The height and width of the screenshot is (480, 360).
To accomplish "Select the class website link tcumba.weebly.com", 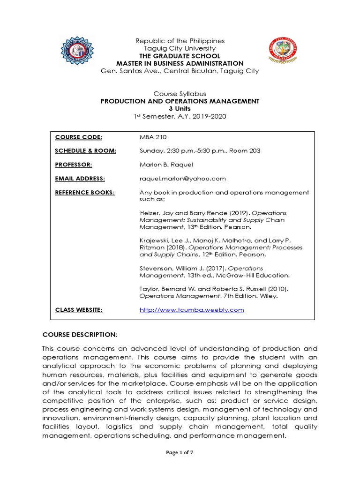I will tap(192, 310).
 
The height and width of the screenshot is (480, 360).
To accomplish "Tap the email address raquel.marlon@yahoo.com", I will tap(183, 178).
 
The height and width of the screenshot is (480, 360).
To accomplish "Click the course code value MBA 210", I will tap(153, 137).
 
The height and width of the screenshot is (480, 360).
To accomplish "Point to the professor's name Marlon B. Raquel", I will tap(165, 165).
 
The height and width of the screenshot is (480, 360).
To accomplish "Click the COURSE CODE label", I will tap(79, 137).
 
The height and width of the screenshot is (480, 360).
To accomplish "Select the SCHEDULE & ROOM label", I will tap(85, 150).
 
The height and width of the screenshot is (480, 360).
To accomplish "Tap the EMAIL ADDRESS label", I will tap(80, 178).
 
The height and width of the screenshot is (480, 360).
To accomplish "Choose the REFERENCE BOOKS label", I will tap(84, 192).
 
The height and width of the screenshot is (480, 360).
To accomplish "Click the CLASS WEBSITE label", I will tap(78, 310).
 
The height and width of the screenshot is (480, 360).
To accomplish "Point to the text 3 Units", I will tap(180, 108).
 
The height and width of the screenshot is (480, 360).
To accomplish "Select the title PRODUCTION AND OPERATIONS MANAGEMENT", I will tap(180, 101).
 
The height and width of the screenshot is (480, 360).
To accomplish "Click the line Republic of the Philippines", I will tap(180, 41).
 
